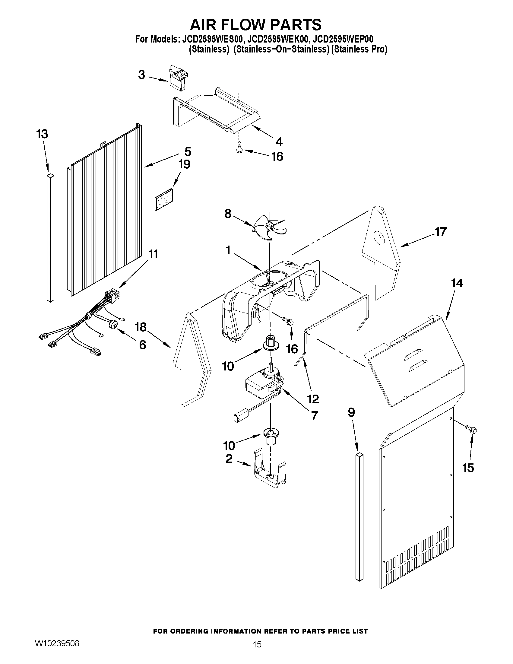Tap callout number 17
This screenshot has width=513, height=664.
point(441,232)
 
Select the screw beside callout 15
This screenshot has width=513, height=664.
point(472,430)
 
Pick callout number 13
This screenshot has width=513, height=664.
point(42,134)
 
